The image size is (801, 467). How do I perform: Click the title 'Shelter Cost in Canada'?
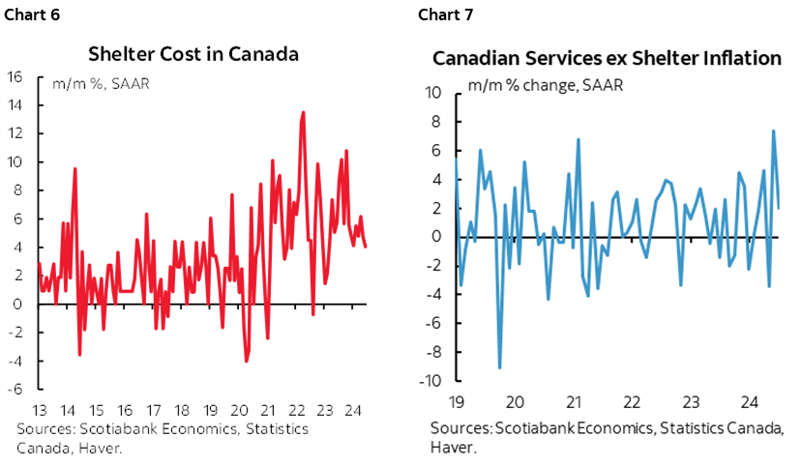coord(193,53)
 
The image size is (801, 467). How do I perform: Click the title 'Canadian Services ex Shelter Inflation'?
coord(607,59)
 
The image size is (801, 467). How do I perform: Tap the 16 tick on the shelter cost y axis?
coord(15,77)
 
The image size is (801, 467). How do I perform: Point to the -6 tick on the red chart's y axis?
coord(15,390)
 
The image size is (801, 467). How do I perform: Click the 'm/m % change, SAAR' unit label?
coord(545,84)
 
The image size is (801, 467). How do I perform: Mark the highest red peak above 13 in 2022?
coord(304,112)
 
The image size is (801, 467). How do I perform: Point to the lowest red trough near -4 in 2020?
coord(247,361)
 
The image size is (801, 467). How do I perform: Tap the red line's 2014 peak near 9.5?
coord(74,169)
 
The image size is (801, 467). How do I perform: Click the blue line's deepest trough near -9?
coord(499,367)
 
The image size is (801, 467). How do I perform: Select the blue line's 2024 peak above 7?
coord(773,131)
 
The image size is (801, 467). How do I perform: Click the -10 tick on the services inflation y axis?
coord(430,380)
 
